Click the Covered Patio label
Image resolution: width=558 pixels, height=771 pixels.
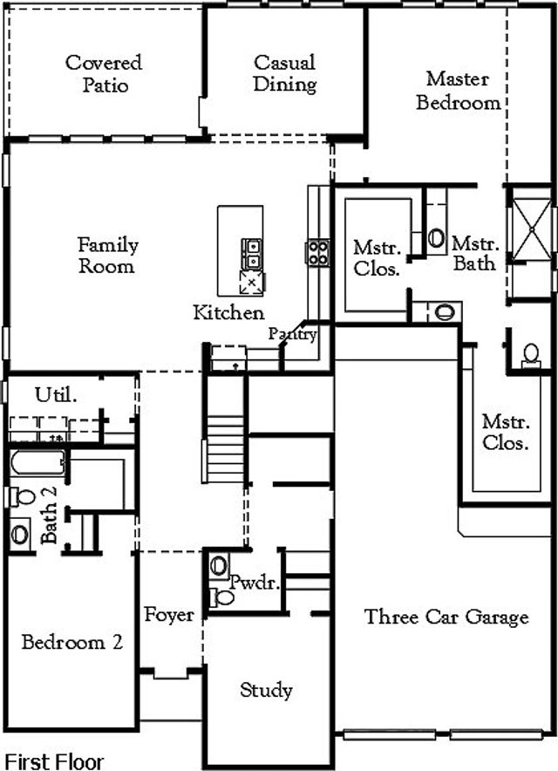tap(104, 74)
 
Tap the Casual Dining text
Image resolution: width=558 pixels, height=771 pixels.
tap(285, 74)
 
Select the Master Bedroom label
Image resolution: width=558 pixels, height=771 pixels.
tap(458, 91)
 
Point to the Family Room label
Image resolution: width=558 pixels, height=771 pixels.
tap(107, 256)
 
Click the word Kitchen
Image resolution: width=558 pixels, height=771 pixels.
tap(228, 312)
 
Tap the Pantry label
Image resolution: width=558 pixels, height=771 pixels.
tap(292, 334)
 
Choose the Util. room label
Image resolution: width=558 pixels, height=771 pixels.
tap(56, 395)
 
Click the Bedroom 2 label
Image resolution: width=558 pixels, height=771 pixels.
tap(72, 643)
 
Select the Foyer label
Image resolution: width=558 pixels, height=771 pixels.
tap(169, 615)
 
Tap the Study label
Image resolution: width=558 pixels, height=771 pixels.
tap(266, 691)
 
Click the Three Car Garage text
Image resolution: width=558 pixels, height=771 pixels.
tap(446, 617)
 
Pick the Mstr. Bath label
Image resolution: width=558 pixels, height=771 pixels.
tap(474, 253)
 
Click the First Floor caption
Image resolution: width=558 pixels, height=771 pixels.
tap(54, 761)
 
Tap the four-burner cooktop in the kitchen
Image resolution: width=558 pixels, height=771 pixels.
tap(317, 253)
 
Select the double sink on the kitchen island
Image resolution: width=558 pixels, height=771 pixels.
tap(251, 254)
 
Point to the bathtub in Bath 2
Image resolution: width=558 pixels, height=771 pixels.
tap(37, 463)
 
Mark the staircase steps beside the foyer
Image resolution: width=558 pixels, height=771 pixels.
tap(224, 448)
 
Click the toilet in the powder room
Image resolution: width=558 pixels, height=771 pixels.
tap(223, 597)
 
